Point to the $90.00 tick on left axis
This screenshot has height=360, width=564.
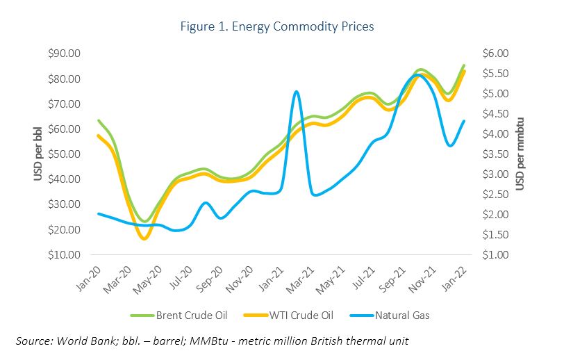pos(63,54)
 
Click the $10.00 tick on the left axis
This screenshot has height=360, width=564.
pos(63,255)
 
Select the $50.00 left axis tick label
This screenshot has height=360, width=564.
pos(63,154)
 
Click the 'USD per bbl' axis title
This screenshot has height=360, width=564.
pos(40,153)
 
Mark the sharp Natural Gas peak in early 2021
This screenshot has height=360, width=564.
pos(296,92)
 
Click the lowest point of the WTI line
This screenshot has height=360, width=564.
pos(144,238)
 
